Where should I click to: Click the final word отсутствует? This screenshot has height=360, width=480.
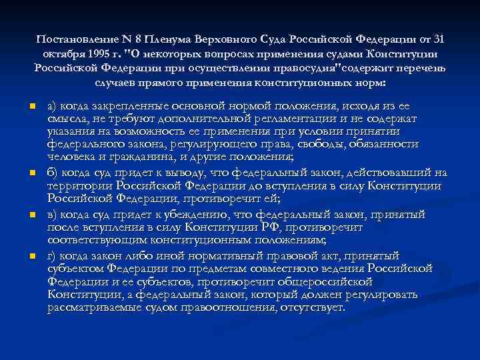313,308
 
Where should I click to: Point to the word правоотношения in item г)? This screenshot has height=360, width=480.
239,308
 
